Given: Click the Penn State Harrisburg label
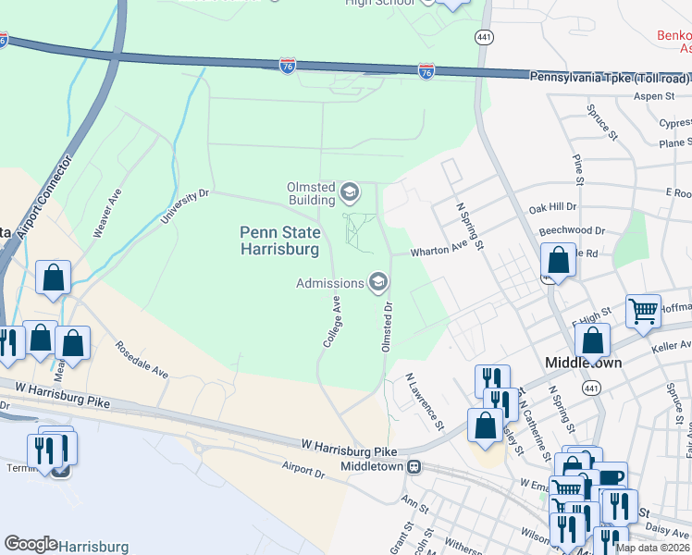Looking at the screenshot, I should pyautogui.click(x=279, y=240).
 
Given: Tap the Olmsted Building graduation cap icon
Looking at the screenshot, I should pyautogui.click(x=349, y=192).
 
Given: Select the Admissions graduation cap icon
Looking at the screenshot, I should pyautogui.click(x=377, y=281).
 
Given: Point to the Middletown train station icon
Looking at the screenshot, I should pyautogui.click(x=415, y=466).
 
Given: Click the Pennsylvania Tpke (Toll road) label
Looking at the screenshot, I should pyautogui.click(x=610, y=78).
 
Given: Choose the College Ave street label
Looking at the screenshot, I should pyautogui.click(x=332, y=322).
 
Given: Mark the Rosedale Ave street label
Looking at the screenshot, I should pyautogui.click(x=142, y=360).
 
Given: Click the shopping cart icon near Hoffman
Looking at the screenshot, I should pyautogui.click(x=643, y=311).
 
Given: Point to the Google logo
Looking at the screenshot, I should pyautogui.click(x=31, y=544).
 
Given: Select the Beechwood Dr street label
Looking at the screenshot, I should pyautogui.click(x=575, y=230).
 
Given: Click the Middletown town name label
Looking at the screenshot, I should pyautogui.click(x=583, y=363).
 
